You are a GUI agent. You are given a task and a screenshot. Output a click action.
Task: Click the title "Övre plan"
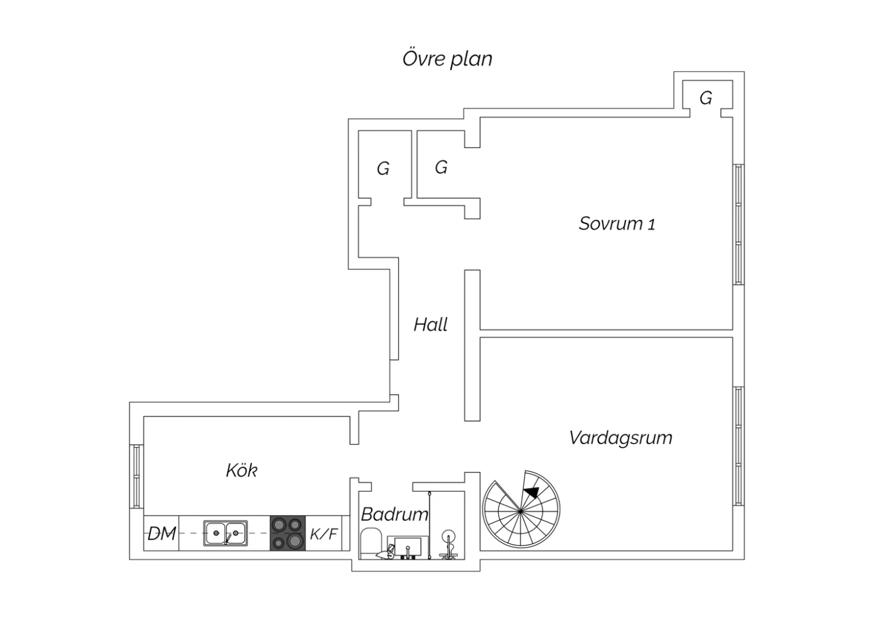click(x=447, y=59)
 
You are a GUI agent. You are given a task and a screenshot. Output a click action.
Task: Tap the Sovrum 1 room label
click(x=617, y=224)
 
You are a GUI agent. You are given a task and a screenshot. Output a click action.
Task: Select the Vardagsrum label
click(x=621, y=438)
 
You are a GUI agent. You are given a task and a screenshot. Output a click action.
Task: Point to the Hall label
click(x=430, y=324)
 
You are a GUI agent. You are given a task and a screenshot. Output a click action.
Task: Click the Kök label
click(x=242, y=470)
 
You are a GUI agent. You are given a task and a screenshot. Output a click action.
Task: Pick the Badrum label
click(x=394, y=514)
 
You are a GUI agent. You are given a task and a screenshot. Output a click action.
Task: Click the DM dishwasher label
click(x=162, y=533)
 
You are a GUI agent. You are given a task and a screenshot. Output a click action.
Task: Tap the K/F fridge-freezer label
click(x=323, y=533)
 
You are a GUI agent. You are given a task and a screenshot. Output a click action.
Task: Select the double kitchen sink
click(x=225, y=533)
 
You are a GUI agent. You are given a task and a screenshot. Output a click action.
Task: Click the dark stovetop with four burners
click(x=288, y=533)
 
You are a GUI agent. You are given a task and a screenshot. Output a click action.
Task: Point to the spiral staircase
click(x=521, y=510)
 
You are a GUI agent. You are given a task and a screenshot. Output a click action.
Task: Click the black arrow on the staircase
click(x=531, y=492)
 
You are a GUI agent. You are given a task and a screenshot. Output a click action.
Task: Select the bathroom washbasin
click(x=407, y=546)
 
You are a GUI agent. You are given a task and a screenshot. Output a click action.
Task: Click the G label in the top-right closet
click(x=706, y=98)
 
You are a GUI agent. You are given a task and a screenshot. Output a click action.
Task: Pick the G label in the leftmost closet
click(x=383, y=168)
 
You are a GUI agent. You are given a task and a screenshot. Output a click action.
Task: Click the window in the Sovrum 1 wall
click(x=738, y=224)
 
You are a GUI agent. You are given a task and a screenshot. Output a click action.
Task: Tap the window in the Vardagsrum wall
click(x=738, y=446)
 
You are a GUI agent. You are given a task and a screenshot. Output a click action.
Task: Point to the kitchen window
click(x=136, y=476)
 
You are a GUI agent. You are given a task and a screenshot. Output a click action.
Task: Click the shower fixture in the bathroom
click(x=449, y=544)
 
